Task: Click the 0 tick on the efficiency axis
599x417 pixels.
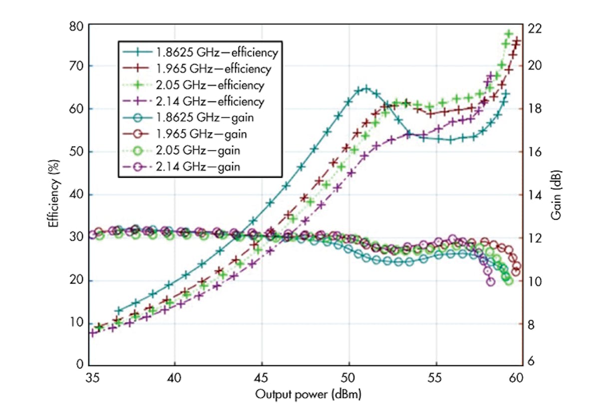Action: pyautogui.click(x=79, y=365)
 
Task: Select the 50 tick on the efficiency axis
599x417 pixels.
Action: pyautogui.click(x=76, y=152)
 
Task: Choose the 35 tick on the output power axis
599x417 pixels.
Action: pyautogui.click(x=90, y=378)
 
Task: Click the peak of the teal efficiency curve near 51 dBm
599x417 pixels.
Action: pyautogui.click(x=366, y=89)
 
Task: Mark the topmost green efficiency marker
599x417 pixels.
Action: pyautogui.click(x=509, y=34)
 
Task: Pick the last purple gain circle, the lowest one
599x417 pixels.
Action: pyautogui.click(x=491, y=282)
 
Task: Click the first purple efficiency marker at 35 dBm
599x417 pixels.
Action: pyautogui.click(x=92, y=333)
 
